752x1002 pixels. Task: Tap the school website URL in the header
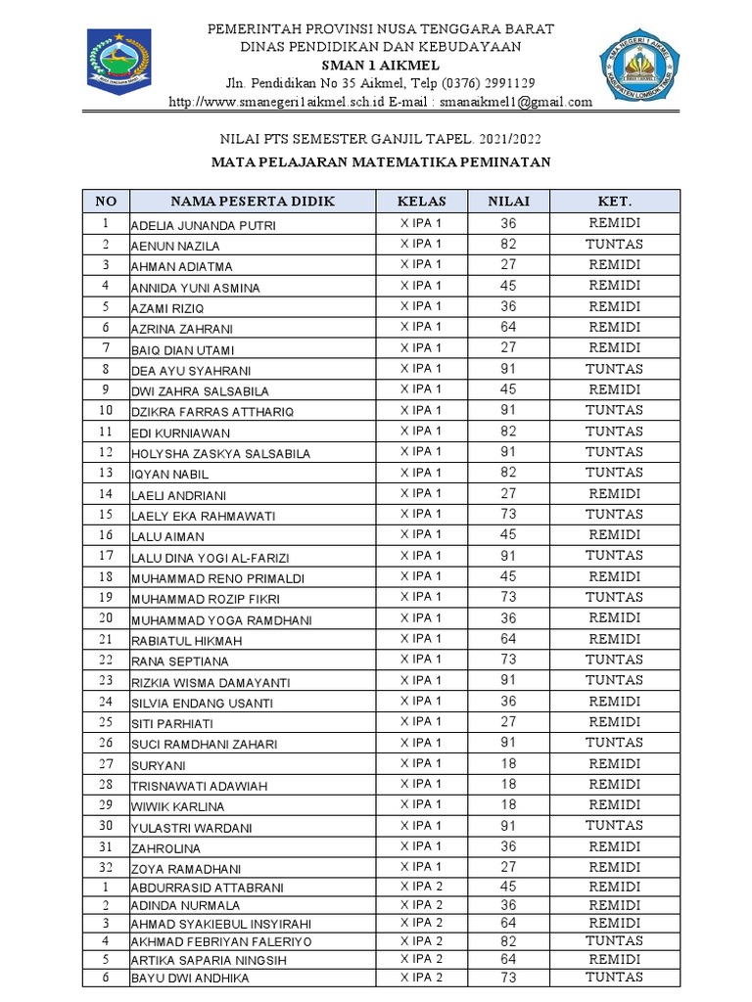point(276,102)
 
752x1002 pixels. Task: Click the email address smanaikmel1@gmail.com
point(516,102)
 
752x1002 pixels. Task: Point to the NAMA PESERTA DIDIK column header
point(253,202)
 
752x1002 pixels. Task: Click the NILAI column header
point(509,202)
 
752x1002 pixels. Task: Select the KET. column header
point(614,202)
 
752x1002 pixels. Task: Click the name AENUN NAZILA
point(175,247)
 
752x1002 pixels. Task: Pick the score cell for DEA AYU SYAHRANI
point(509,370)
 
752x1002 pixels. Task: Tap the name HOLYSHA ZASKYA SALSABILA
point(220,454)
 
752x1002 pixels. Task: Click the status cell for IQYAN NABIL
point(614,473)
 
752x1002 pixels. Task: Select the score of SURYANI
point(509,763)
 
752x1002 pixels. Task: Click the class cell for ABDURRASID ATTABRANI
point(421,887)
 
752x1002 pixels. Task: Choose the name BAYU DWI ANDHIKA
point(190,979)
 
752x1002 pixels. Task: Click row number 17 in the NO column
point(106,556)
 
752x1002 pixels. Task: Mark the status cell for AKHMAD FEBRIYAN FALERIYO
point(614,941)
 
